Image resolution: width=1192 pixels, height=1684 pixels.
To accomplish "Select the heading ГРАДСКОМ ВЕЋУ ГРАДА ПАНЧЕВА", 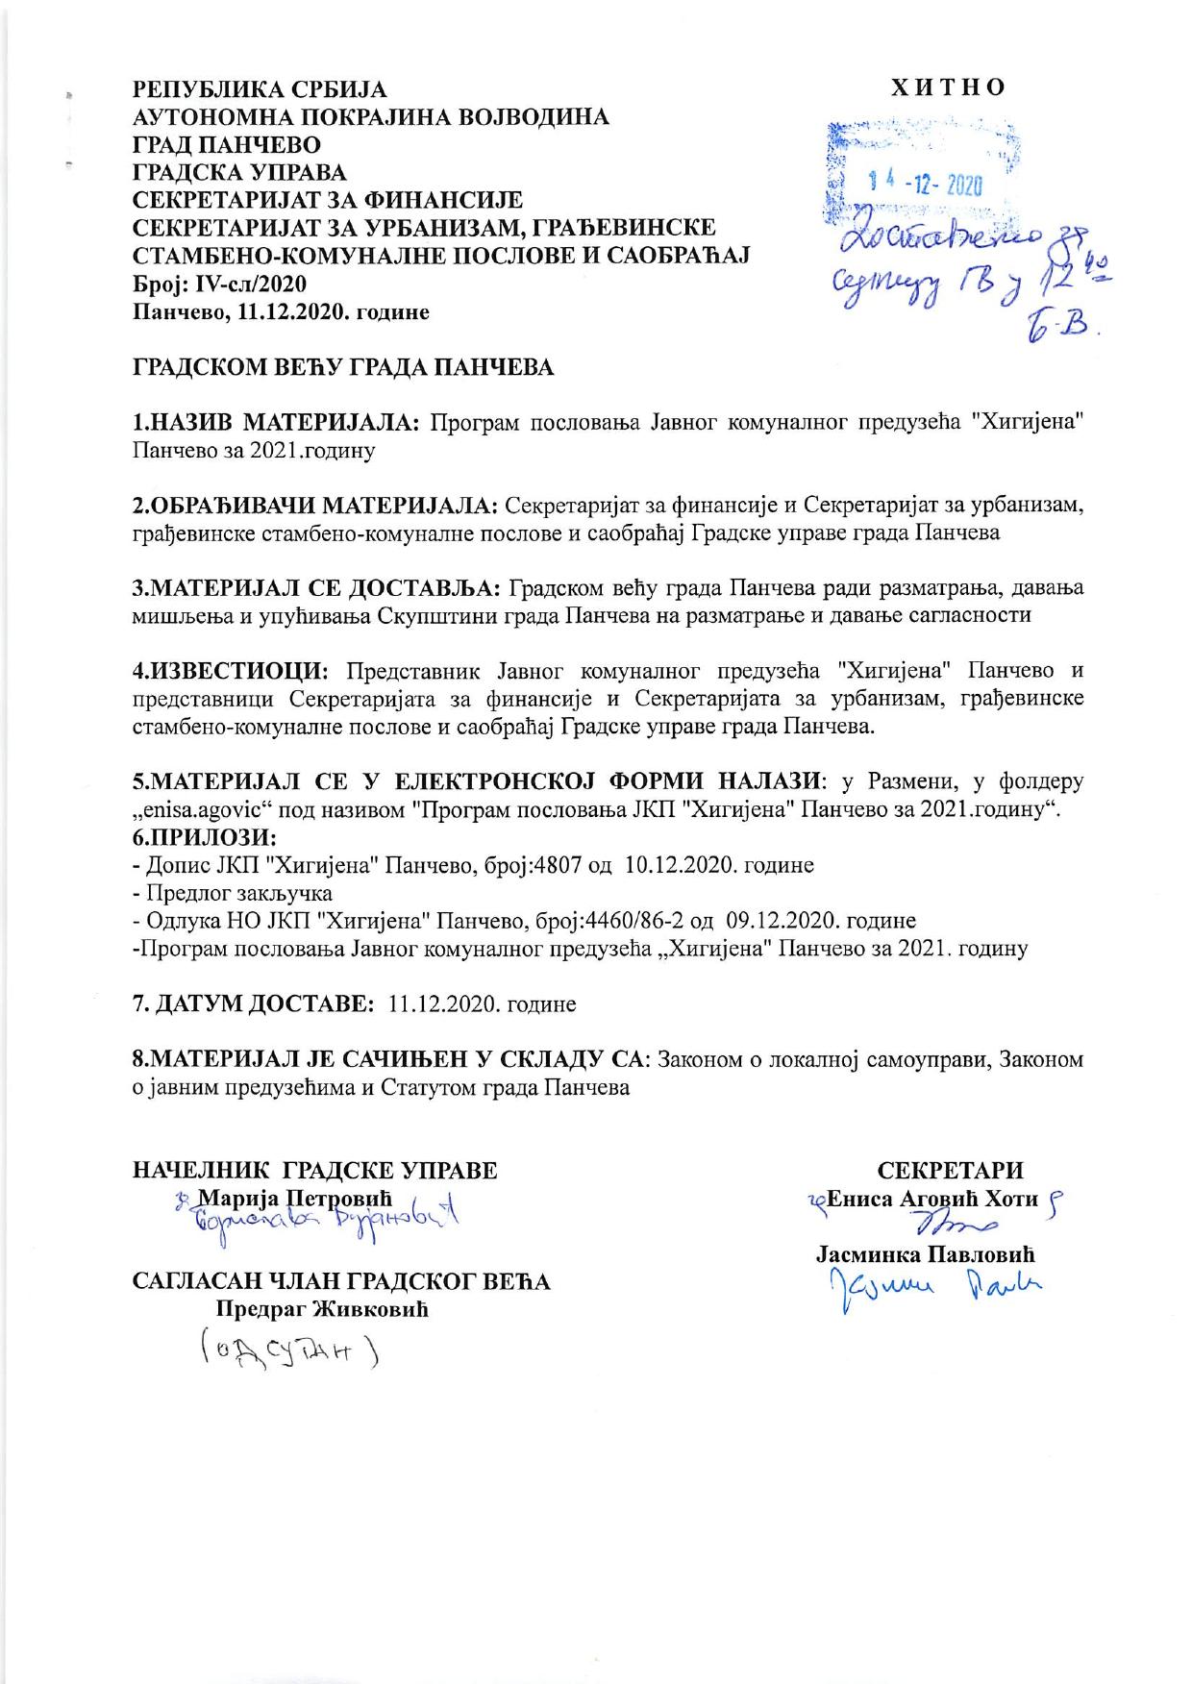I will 343,368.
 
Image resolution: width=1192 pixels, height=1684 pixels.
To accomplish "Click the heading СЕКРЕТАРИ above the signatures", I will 951,1171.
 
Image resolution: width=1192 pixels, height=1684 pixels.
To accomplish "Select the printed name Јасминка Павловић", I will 925,1254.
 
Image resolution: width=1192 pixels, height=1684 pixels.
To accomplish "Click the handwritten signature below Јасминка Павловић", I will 928,1284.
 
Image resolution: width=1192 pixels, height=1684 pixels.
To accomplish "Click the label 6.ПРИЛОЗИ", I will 205,836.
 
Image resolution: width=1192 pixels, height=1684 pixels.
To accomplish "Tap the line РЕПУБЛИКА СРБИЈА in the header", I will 259,90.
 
